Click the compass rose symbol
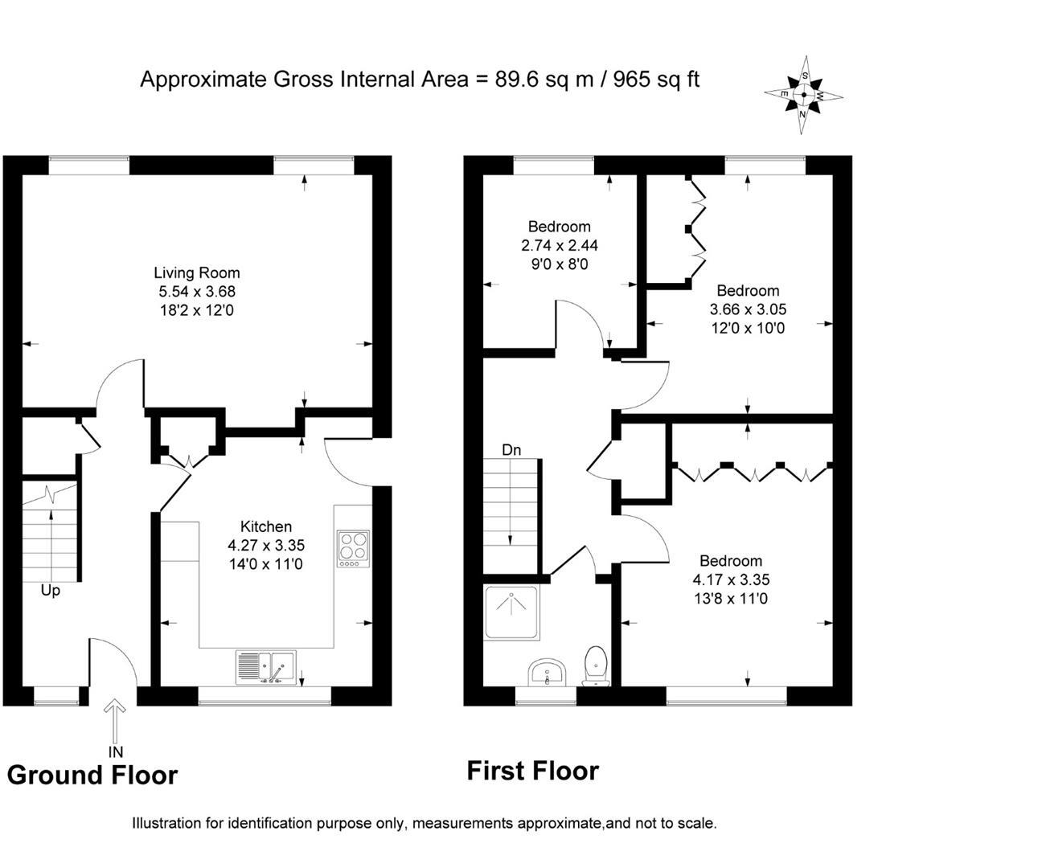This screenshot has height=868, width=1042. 803,95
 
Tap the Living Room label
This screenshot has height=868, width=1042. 196,273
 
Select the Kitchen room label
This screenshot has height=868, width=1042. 266,527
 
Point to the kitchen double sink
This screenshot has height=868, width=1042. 266,667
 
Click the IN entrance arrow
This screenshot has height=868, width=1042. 116,723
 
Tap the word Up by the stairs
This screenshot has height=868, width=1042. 51,591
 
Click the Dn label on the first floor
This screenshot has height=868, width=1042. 511,450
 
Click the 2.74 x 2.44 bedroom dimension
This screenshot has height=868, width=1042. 559,246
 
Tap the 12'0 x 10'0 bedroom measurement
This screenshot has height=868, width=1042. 748,328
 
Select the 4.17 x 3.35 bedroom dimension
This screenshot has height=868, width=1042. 731,579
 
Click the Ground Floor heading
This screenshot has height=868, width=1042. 92,776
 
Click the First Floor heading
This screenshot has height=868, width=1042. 533,772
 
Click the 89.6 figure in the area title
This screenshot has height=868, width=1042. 515,80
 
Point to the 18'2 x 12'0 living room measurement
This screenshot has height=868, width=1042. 196,310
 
